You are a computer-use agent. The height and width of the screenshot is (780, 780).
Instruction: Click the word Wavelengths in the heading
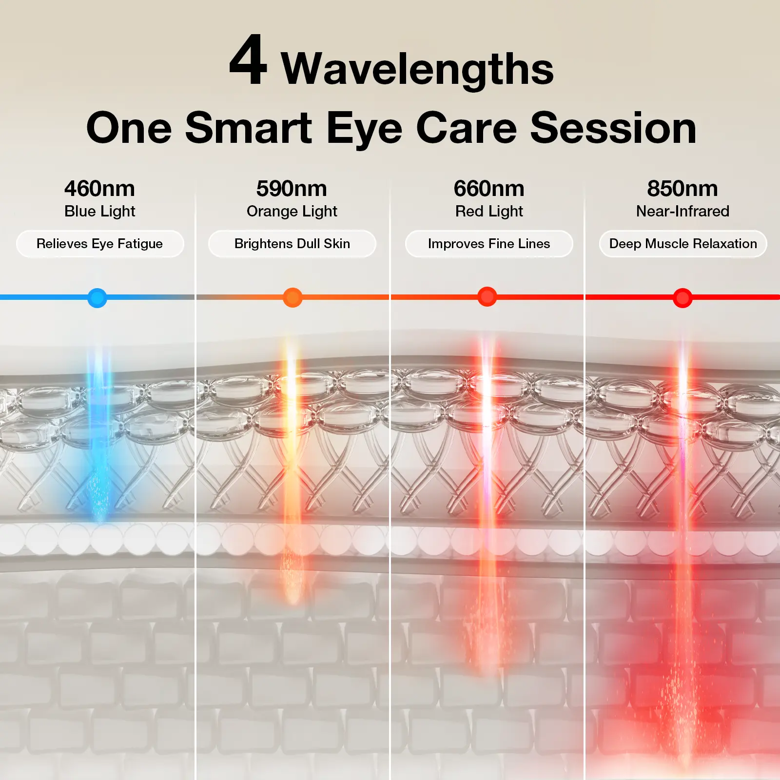417,69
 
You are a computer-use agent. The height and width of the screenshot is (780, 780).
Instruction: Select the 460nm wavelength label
99,188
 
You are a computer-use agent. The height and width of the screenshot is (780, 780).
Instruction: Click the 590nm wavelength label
292,188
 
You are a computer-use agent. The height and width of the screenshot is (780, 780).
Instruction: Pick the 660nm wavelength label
489,188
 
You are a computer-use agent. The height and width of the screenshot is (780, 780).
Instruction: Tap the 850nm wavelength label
682,188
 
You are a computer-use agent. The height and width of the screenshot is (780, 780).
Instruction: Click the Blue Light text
100,211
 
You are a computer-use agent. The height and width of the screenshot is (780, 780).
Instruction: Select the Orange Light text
292,211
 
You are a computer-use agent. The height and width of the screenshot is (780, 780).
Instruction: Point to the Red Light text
489,211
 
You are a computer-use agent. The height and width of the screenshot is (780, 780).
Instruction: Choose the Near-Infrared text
682,211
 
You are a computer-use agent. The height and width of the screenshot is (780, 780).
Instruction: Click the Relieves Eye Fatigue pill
100,244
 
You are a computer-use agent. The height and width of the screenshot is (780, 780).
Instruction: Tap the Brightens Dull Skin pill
292,244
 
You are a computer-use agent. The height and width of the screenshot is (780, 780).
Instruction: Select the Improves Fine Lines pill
489,244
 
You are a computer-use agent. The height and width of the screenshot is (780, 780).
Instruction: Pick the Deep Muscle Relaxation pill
683,244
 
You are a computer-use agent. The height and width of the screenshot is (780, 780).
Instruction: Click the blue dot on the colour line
97,297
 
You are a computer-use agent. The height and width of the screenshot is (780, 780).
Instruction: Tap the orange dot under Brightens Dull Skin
292,297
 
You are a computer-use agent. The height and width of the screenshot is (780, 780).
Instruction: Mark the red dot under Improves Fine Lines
487,296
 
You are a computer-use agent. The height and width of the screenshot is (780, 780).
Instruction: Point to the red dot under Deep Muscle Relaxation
682,297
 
